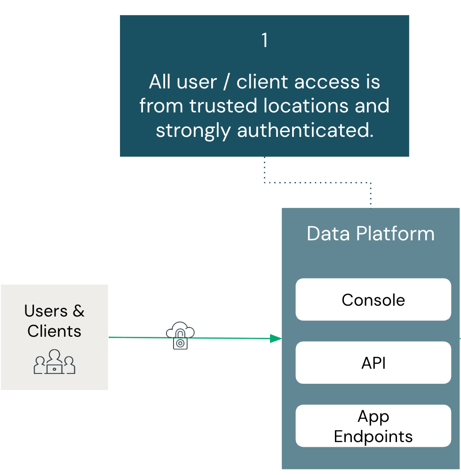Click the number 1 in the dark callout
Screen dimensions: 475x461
click(265, 41)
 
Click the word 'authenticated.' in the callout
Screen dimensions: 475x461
click(305, 130)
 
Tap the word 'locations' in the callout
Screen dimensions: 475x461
click(303, 106)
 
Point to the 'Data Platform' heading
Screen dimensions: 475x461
click(371, 234)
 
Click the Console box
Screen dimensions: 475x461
click(373, 300)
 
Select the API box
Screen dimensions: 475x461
click(373, 363)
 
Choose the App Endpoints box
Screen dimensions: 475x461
click(373, 426)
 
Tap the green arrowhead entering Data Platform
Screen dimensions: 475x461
click(276, 338)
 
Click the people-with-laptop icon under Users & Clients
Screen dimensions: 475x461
click(55, 362)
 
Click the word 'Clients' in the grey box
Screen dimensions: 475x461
click(55, 331)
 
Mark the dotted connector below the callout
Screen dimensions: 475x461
click(318, 182)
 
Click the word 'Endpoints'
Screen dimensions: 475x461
click(373, 436)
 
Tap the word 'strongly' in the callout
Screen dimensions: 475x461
click(194, 130)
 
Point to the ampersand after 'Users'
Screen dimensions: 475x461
click(79, 311)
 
